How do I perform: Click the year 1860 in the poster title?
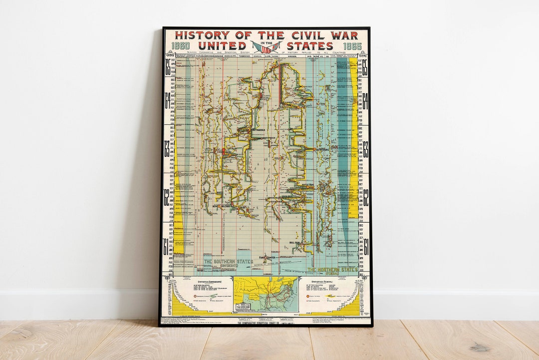pyautogui.click(x=181, y=46)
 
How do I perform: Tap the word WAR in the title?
pyautogui.click(x=345, y=35)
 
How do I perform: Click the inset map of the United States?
pyautogui.click(x=266, y=294)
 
